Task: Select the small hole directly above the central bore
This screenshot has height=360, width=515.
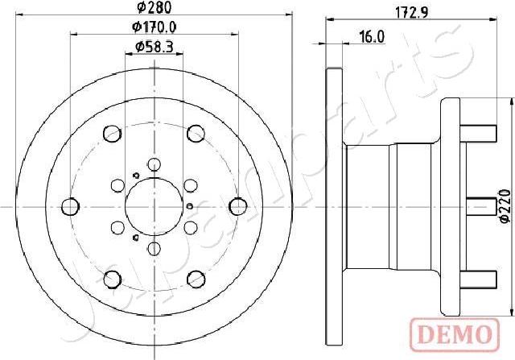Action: click(151, 164)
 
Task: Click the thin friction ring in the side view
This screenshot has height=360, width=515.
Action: click(332, 205)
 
